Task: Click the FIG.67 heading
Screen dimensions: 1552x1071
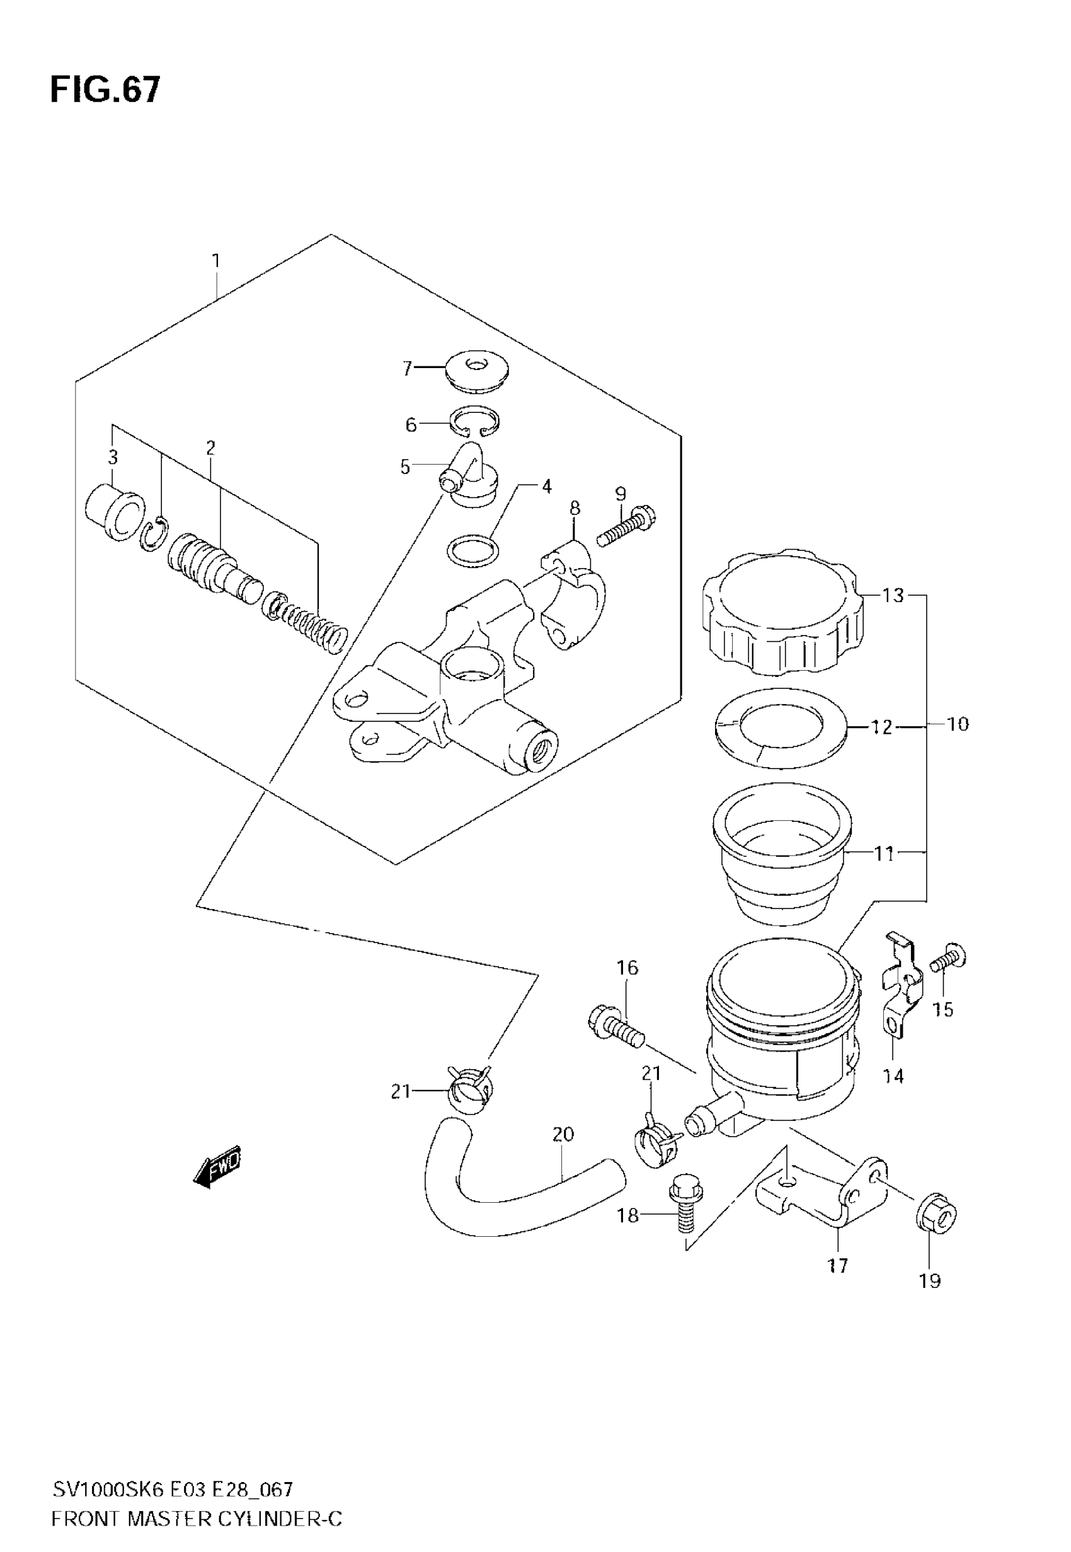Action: coord(105,90)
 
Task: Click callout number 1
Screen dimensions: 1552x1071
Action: coord(216,260)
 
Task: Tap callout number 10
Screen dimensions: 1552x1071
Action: coord(958,724)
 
